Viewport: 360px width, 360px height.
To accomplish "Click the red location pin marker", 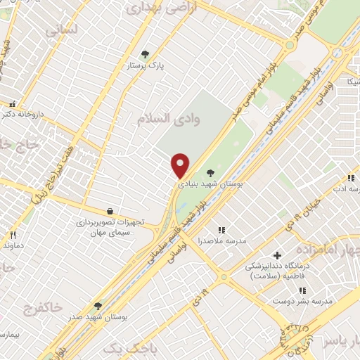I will point(181,165).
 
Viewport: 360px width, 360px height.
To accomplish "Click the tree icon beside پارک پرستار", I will point(146,53).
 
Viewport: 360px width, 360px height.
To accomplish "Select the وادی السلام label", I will point(169,118).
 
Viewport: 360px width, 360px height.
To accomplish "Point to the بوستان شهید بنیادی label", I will point(211,183).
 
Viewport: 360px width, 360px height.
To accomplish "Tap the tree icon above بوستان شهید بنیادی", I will point(210,172).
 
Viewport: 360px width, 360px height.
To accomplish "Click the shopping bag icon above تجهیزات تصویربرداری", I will point(110,210).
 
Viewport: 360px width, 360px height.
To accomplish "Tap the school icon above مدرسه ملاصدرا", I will point(221,230).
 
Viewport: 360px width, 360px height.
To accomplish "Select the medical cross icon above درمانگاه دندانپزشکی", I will point(277,255).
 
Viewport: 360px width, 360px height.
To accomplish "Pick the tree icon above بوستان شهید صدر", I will point(98,306).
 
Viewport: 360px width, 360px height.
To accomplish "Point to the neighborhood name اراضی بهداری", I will point(155,8).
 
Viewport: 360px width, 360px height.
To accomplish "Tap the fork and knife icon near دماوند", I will point(11,234).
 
